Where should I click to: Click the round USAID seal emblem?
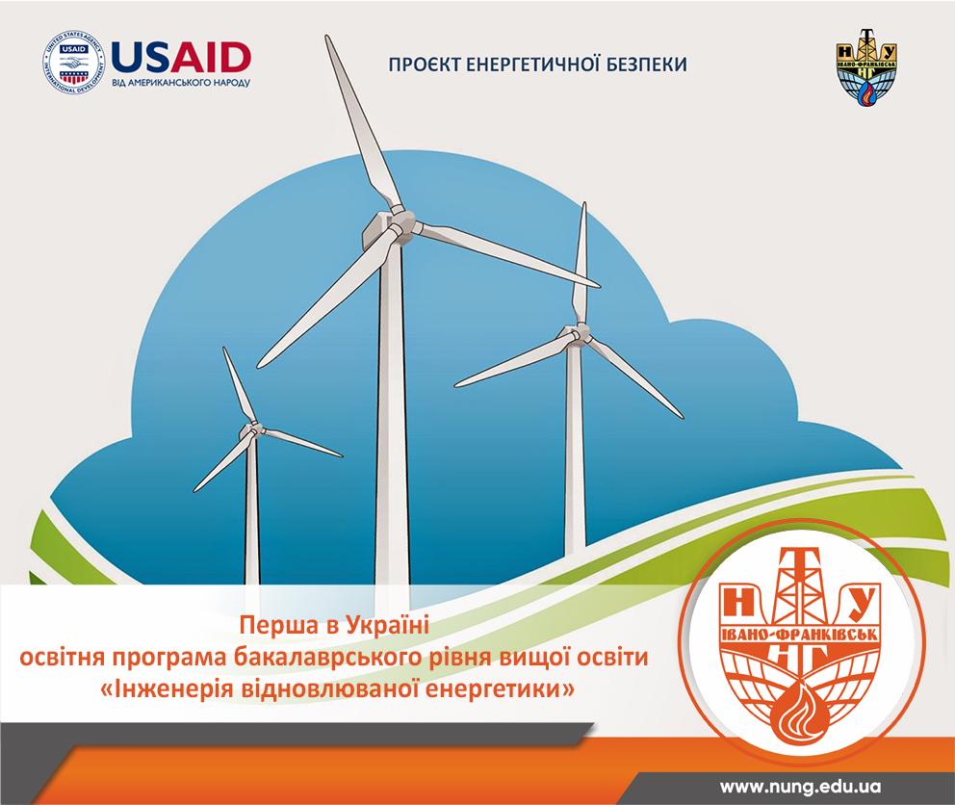click(74, 64)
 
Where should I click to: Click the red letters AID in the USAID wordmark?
click(211, 58)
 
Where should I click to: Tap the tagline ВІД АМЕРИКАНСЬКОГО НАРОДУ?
click(181, 83)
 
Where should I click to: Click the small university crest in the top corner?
click(866, 67)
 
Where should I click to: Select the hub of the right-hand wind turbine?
click(580, 334)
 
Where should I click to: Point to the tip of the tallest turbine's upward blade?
click(327, 37)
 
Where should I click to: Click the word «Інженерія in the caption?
click(167, 689)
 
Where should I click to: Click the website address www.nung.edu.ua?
click(800, 787)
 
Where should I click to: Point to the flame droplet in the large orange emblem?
click(800, 712)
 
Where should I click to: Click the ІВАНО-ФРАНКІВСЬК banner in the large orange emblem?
click(800, 635)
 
